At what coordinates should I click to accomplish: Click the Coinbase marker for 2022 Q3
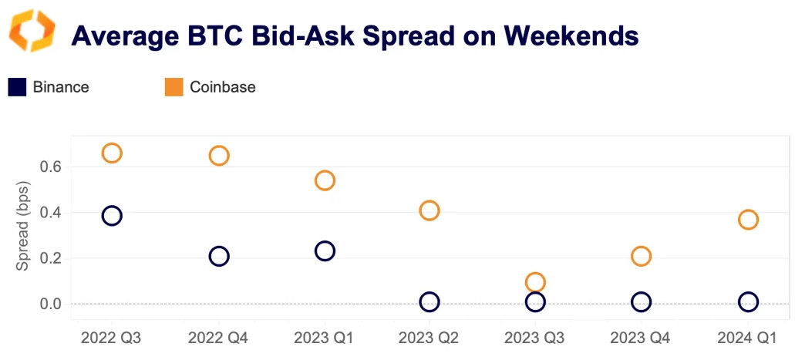[x=112, y=153]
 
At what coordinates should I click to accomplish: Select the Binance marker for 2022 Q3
[x=112, y=215]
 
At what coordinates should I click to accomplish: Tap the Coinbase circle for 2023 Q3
[x=535, y=282]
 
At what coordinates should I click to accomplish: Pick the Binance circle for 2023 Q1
[x=325, y=251]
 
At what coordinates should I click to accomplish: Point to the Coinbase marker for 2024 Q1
[x=748, y=220]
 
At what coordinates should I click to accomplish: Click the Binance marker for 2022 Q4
[x=219, y=256]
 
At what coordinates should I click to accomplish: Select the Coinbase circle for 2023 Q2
[x=430, y=210]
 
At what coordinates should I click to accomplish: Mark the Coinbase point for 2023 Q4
[x=641, y=256]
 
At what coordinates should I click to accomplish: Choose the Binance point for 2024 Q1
[x=748, y=301]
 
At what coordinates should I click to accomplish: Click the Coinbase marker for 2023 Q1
[x=325, y=180]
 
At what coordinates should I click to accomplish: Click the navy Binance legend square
[x=17, y=87]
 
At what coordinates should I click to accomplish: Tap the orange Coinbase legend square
[x=173, y=87]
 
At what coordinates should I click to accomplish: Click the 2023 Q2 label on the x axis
[x=430, y=338]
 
